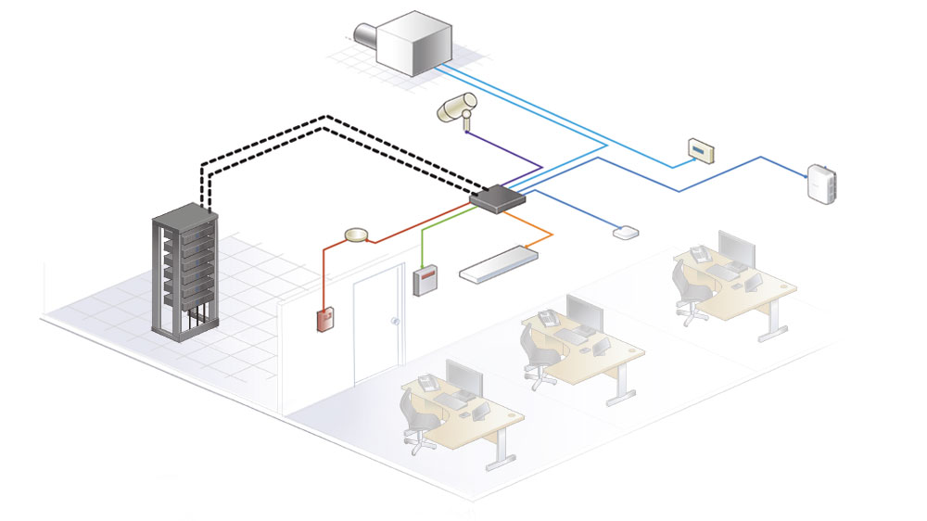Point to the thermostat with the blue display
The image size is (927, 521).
(x=702, y=150)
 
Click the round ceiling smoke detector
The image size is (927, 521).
(x=356, y=236)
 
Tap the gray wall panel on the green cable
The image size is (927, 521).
(x=424, y=280)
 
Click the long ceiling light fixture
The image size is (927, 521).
(x=501, y=262)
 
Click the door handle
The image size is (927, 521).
(x=395, y=322)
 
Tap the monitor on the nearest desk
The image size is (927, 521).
(x=464, y=376)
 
